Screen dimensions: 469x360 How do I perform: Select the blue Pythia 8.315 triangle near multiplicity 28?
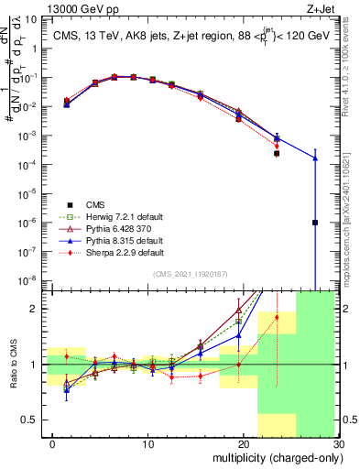(x=314, y=158)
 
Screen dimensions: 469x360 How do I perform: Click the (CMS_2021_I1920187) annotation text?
(x=190, y=273)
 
